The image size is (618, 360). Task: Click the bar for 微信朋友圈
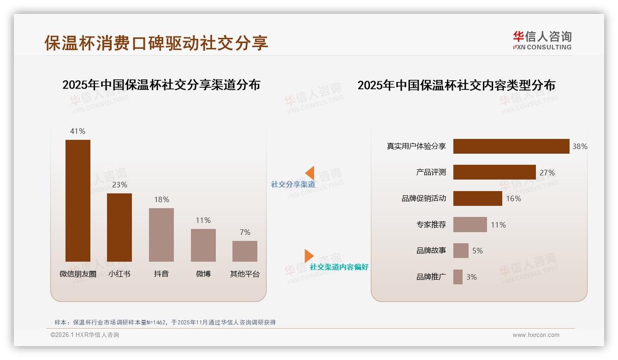coord(77,200)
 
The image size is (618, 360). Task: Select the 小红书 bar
coord(119,227)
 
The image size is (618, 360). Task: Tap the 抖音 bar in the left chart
coord(161,234)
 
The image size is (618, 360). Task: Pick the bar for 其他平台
coord(245,251)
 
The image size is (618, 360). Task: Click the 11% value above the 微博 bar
coord(203,220)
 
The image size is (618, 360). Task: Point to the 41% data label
coord(77,131)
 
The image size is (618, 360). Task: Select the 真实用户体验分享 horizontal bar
coord(511,146)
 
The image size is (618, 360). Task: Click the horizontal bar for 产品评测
coord(494,172)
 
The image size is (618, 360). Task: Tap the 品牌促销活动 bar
coord(477,198)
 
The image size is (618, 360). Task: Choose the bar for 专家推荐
coord(470,225)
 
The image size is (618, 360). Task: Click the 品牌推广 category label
coord(431,277)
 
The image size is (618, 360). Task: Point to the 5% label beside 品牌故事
coord(477,251)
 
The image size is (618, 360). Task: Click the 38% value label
coord(580,146)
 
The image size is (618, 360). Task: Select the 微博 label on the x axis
coord(203,274)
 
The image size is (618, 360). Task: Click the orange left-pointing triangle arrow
coord(309,173)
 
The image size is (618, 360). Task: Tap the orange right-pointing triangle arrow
coord(309,256)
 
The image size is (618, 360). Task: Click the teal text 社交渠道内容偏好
coord(339,267)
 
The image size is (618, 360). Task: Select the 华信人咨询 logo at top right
coord(542,40)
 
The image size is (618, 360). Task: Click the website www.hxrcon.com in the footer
coord(536,335)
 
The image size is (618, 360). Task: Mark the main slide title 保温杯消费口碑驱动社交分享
coord(156,43)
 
